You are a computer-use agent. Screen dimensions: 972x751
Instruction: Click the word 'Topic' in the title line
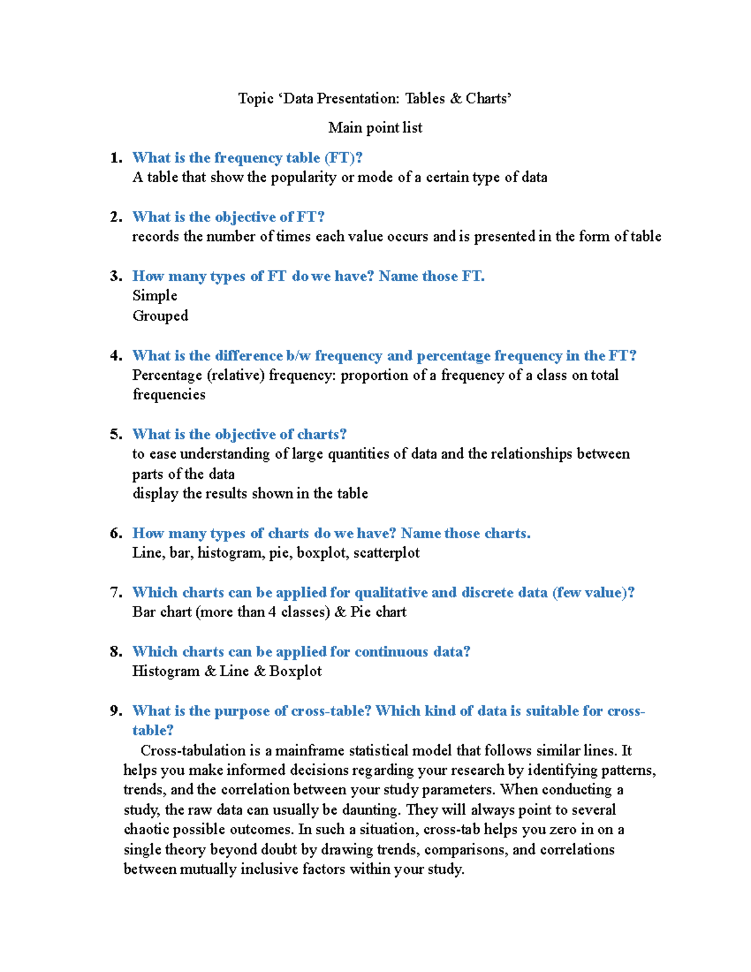pos(255,98)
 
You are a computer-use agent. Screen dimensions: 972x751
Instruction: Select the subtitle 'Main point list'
pos(375,128)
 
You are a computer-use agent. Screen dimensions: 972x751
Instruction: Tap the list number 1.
pos(115,158)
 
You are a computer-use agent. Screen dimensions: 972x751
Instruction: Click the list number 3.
pos(115,276)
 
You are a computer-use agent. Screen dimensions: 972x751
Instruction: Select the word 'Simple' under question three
pos(155,295)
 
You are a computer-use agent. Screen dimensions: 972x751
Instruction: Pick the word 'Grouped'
pos(160,315)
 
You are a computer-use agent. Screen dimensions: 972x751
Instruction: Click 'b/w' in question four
pos(299,356)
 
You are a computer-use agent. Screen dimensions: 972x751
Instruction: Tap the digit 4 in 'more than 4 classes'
pos(272,612)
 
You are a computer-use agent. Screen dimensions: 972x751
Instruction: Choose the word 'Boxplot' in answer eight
pos(295,671)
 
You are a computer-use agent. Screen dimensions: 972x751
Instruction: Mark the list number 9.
pos(115,711)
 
